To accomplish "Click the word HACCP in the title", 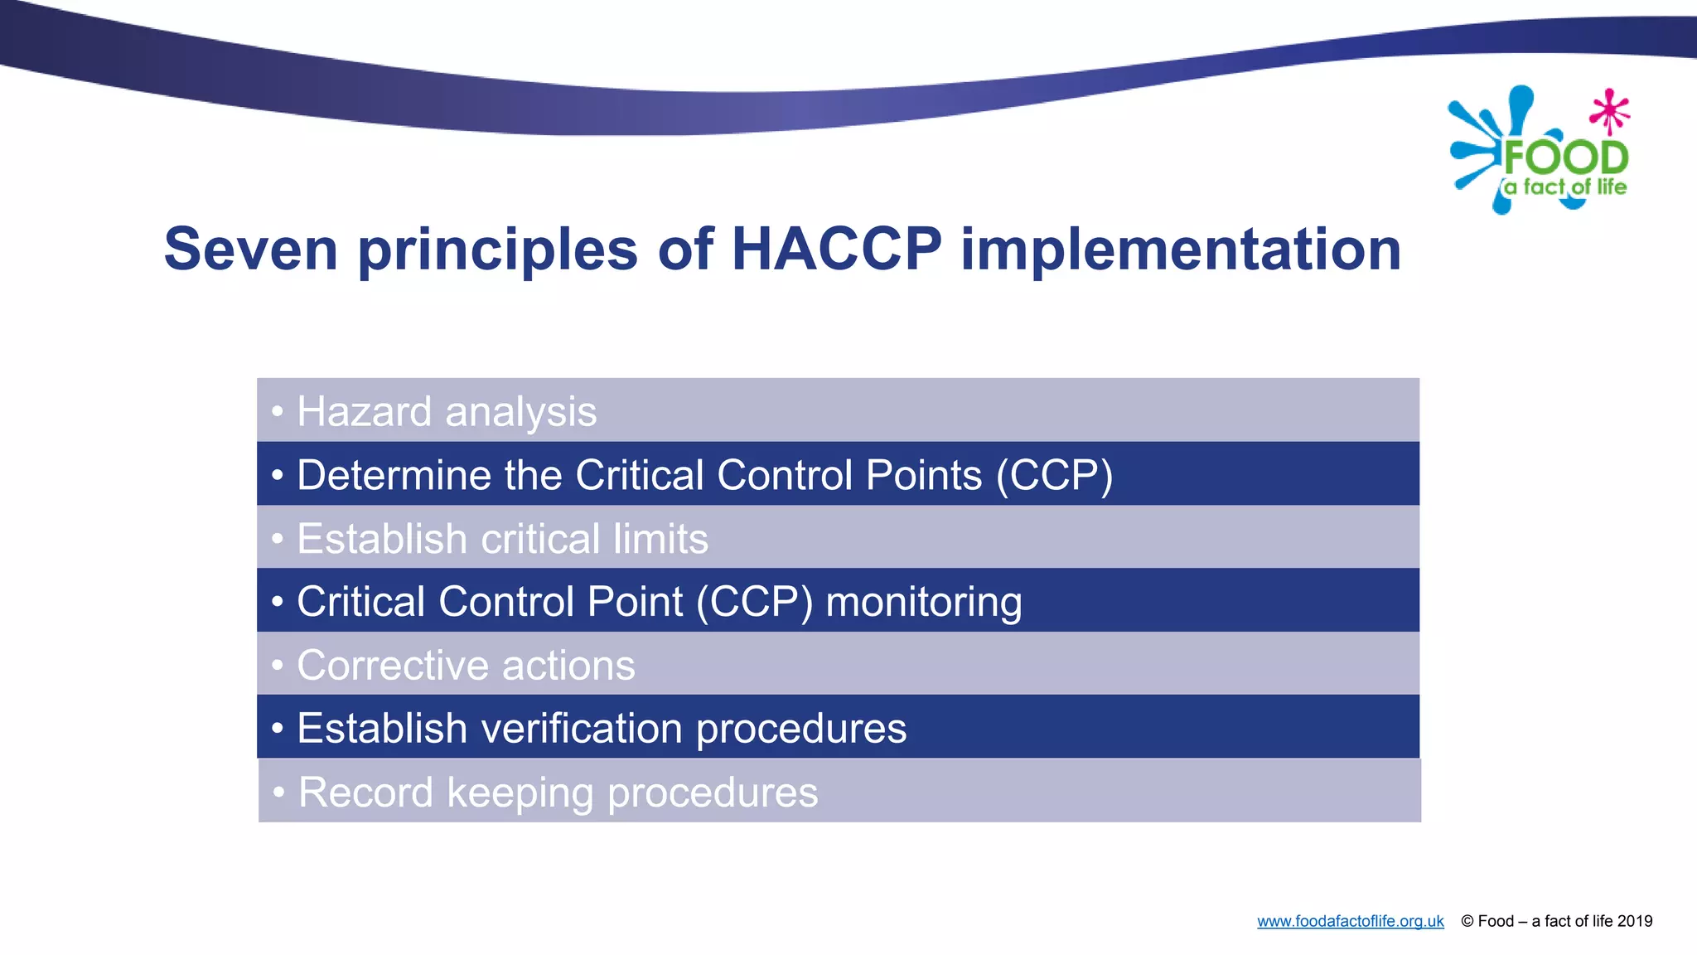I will click(x=837, y=249).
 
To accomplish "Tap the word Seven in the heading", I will click(x=251, y=249).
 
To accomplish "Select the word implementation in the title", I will click(x=1181, y=249).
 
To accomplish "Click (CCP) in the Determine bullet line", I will click(x=1054, y=476).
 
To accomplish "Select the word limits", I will click(x=661, y=539).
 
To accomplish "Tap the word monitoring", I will click(x=923, y=603).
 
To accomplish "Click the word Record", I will click(x=365, y=793).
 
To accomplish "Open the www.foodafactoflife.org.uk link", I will click(x=1350, y=922).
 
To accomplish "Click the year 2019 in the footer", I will click(x=1635, y=921).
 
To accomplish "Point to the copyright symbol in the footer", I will click(x=1467, y=922).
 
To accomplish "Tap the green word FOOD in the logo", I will click(x=1566, y=158).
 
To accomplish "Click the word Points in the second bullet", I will click(x=923, y=476).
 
